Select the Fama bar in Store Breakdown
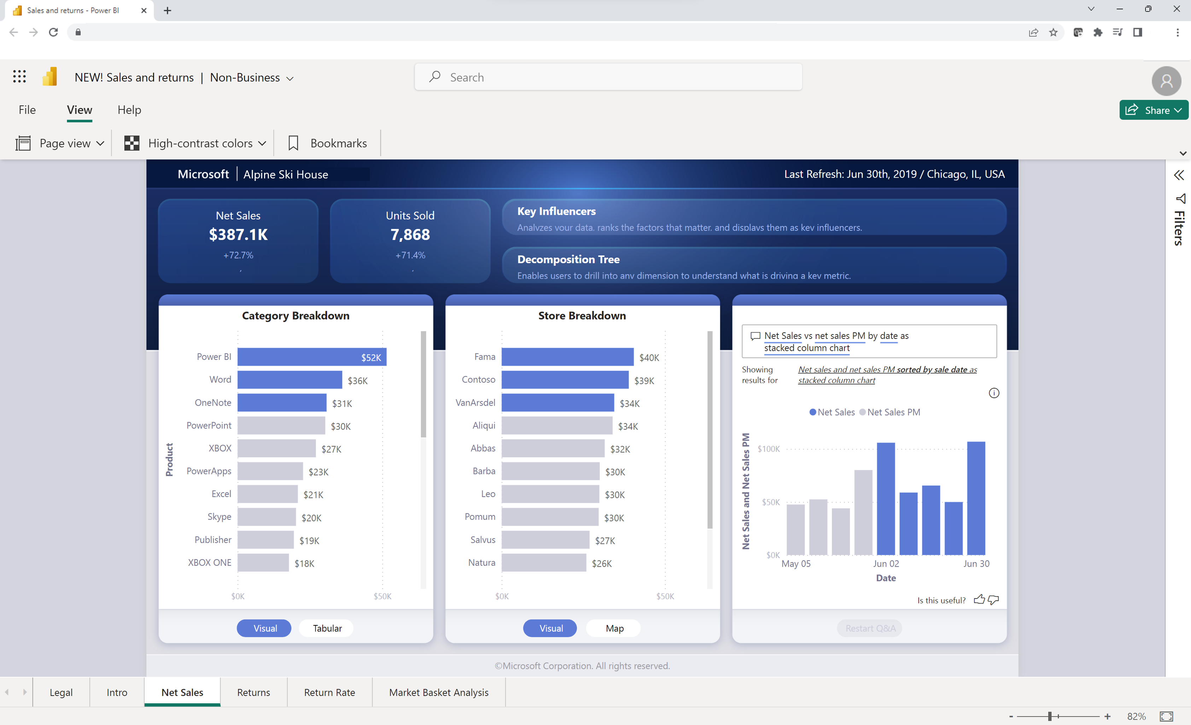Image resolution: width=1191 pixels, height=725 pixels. tap(567, 357)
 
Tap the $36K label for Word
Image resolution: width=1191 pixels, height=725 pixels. tap(358, 381)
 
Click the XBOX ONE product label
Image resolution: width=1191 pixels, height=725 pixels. tap(209, 563)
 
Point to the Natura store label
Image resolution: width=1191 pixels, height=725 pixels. tap(481, 563)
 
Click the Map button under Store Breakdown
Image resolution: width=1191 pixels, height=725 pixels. tap(614, 629)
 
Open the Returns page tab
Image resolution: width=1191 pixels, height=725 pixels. tap(253, 692)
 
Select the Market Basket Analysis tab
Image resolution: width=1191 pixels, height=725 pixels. tap(438, 692)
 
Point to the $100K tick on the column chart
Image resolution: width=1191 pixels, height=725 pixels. tap(769, 449)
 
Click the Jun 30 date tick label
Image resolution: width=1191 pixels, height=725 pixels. tap(976, 564)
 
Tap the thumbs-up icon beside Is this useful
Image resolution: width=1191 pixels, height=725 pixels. tap(979, 600)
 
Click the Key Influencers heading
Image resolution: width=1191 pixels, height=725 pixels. tap(556, 212)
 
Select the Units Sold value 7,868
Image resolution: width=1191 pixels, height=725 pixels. tap(410, 235)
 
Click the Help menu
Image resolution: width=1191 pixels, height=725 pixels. tap(129, 110)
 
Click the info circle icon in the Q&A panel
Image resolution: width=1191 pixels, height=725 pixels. tap(994, 393)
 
